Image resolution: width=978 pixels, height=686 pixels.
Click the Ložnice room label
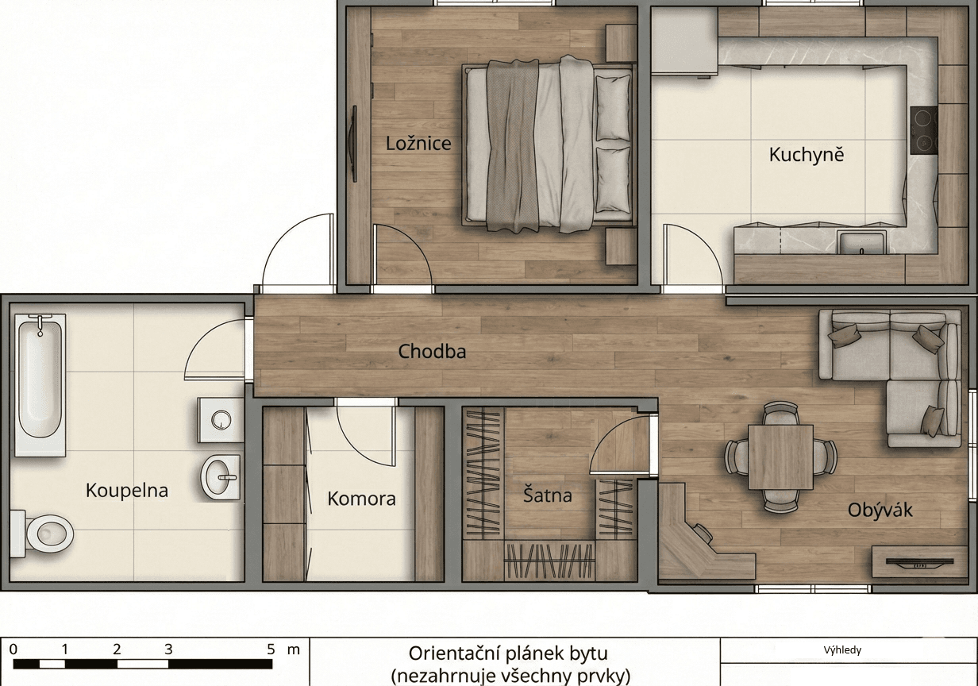click(418, 144)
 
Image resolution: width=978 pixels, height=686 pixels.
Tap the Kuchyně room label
click(806, 154)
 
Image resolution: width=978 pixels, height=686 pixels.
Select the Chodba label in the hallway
click(432, 351)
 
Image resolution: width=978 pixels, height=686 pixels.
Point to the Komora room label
click(361, 499)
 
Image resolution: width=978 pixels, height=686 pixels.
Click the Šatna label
click(548, 495)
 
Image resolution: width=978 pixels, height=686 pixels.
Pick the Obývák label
click(880, 510)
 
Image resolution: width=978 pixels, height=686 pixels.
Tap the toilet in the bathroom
click(44, 533)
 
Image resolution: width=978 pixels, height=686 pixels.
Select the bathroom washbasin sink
click(221, 477)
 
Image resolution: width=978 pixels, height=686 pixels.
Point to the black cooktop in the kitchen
click(924, 130)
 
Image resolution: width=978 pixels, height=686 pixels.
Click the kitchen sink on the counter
click(861, 241)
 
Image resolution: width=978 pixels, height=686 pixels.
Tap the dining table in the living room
click(780, 457)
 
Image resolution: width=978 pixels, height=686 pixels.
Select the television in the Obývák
click(912, 562)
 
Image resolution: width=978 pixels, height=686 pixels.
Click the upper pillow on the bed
click(613, 109)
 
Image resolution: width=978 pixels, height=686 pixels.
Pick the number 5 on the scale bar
click(271, 649)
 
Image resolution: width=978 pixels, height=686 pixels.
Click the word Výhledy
click(842, 650)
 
